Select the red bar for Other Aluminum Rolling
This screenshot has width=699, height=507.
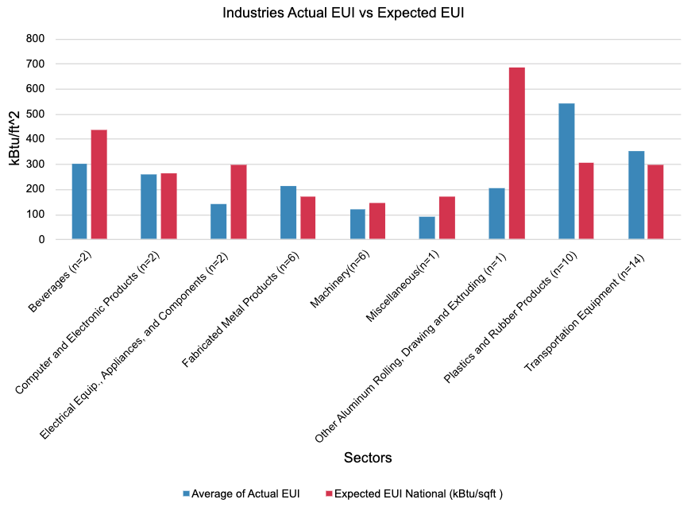516,153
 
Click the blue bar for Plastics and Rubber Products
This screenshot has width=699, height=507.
566,171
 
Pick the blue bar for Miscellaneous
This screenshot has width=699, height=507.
427,227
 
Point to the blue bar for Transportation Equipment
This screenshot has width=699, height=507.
636,195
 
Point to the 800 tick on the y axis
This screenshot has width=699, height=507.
35,39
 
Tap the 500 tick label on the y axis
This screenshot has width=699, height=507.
35,114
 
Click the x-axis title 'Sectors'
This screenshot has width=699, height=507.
368,458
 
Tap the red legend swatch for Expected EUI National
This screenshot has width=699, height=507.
327,493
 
